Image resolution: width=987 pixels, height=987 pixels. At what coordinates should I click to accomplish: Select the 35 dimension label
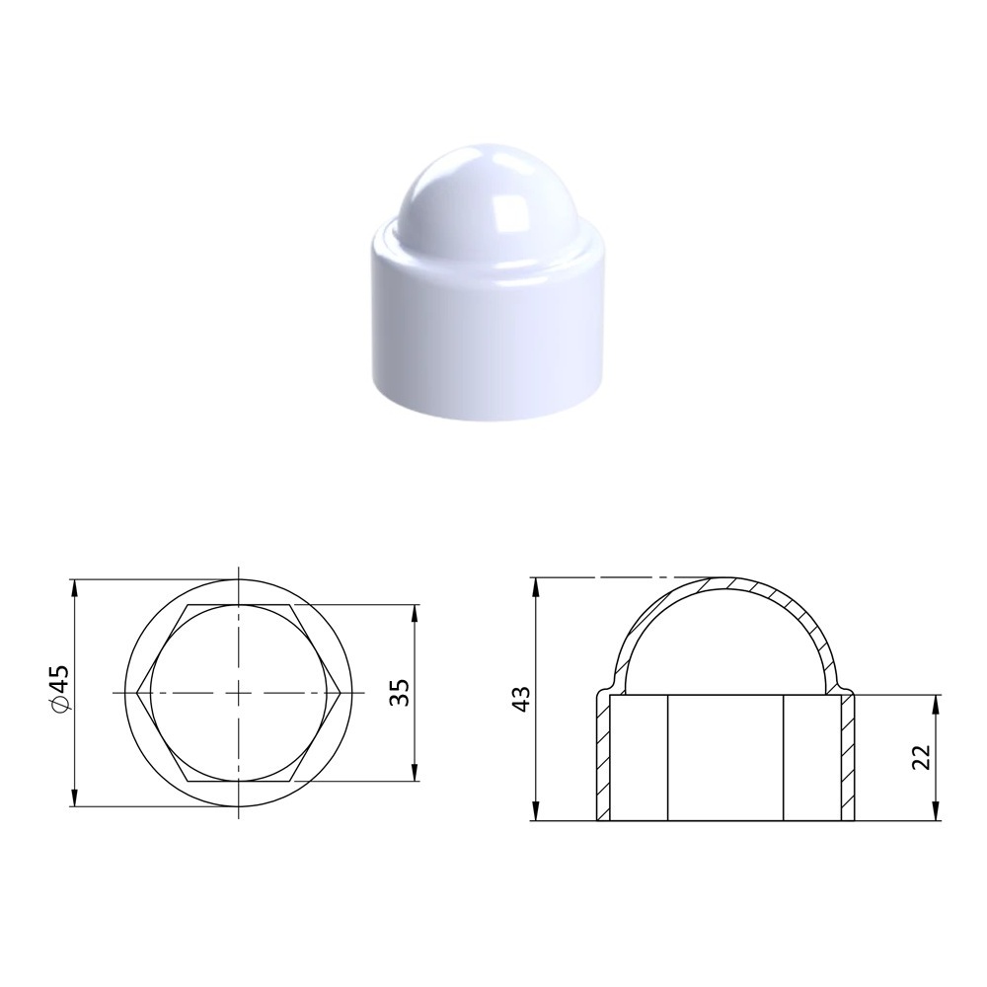point(399,693)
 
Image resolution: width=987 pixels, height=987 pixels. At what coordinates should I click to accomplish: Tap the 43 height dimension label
point(522,699)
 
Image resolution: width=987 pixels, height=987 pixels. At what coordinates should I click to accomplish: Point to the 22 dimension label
point(920,757)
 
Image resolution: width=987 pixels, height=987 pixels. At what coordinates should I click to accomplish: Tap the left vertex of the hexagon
point(137,693)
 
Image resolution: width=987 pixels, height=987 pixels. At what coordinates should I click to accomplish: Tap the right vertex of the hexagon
point(342,693)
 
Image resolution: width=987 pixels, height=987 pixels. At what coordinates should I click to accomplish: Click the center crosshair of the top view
point(239,693)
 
